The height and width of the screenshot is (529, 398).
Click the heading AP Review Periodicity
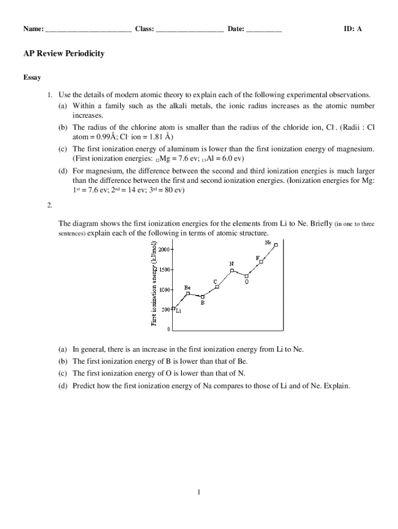64,54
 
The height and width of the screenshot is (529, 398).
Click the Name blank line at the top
88,29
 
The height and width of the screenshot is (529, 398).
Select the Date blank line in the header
264,29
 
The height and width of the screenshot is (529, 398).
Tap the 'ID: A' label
353,29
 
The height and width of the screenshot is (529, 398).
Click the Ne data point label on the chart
268,241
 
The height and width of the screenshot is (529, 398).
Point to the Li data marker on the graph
174,308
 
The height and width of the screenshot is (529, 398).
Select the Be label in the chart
188,287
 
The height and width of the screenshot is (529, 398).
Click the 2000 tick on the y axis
164,249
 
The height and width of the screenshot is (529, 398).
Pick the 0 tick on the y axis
169,329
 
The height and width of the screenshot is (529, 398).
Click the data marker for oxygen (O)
247,276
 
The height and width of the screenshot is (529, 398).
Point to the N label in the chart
232,263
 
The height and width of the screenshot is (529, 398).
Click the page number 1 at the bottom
198,492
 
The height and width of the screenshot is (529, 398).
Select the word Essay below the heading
33,77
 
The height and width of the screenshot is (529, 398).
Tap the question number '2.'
50,206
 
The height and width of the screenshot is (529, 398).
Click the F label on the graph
257,257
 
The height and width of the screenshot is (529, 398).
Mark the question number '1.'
50,95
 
